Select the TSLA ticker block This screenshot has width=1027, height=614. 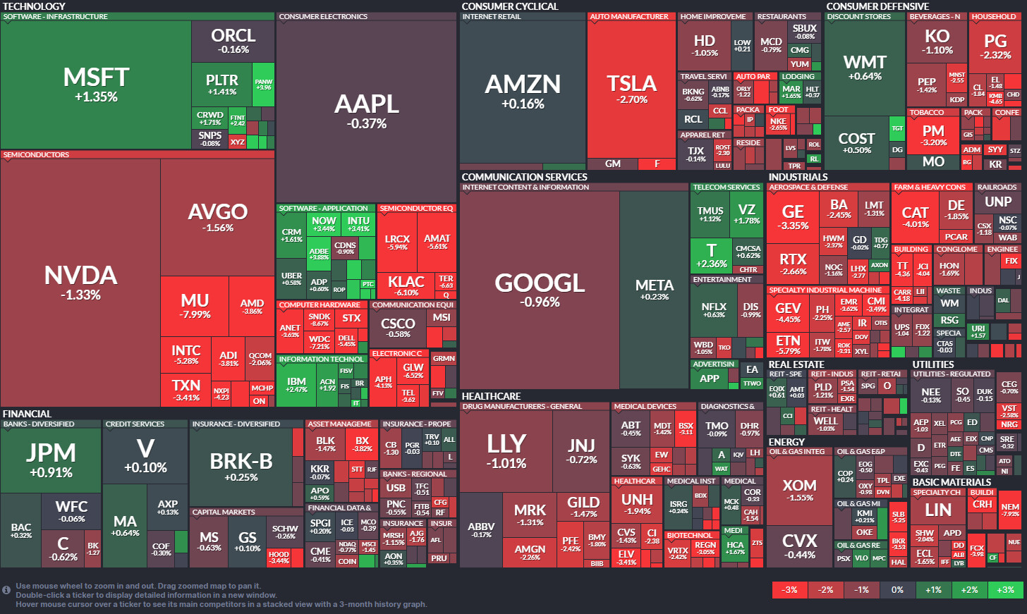point(631,88)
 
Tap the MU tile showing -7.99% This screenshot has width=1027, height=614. point(195,305)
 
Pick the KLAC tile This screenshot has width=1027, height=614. point(406,285)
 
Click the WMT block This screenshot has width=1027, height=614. point(865,67)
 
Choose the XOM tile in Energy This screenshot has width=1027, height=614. point(799,490)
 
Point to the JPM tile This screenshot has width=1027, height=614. point(51,459)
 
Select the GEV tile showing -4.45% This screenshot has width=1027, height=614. point(788,312)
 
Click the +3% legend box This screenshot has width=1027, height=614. point(1006,589)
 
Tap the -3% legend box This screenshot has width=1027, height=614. point(790,589)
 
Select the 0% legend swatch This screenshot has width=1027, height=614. point(897,589)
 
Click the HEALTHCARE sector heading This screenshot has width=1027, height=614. point(491,396)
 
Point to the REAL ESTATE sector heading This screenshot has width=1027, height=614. point(796,364)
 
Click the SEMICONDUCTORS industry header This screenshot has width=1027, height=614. point(37,154)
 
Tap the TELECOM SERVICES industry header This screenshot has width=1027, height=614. point(726,188)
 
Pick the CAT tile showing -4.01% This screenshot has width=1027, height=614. point(915,216)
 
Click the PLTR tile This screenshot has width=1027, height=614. point(221,84)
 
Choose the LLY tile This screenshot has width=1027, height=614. point(506,450)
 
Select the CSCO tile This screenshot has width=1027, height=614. point(399,327)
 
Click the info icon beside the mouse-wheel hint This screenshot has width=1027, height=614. point(6,590)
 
